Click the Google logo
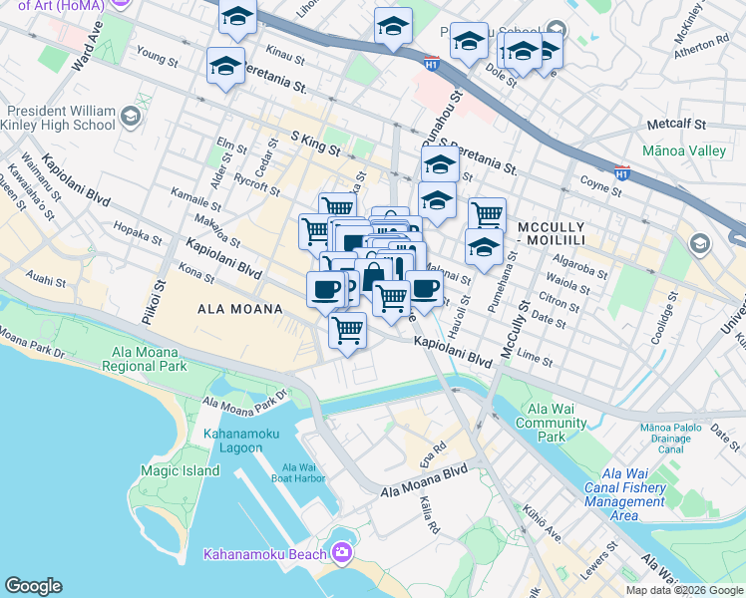point(33,586)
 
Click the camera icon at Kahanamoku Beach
point(342,552)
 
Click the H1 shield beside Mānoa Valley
point(622,172)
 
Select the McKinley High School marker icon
point(130,119)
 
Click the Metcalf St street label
point(675,125)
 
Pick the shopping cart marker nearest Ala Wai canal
point(347,329)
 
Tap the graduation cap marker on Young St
point(225,67)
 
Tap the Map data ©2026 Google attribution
point(682,590)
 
